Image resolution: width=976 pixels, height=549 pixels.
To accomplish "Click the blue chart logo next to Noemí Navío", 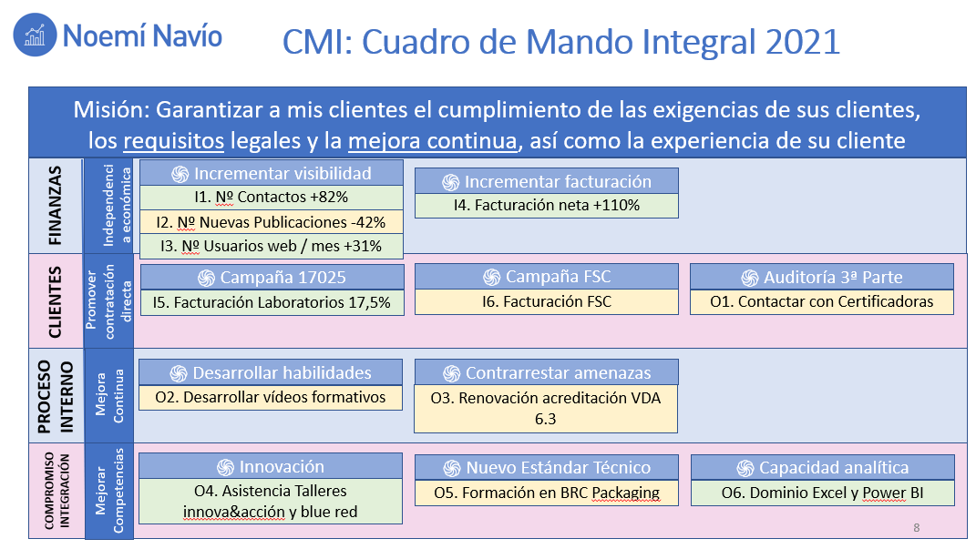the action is click(35, 35).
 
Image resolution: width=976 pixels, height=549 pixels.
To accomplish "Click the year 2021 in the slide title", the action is click(803, 42).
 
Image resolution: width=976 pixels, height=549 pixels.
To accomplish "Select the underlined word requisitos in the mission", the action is click(174, 141).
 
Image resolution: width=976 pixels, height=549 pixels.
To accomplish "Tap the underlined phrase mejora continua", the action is click(433, 141).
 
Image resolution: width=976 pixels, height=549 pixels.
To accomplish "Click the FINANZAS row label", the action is click(56, 205).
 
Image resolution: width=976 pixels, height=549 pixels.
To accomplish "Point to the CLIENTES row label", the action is click(56, 301).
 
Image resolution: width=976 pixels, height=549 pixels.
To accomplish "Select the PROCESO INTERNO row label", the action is click(56, 396).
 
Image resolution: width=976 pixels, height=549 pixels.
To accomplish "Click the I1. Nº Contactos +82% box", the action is click(272, 197).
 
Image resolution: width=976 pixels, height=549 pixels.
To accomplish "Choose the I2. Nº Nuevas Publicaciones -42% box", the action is click(272, 222).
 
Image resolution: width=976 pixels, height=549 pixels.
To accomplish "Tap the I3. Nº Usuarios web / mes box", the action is click(272, 246).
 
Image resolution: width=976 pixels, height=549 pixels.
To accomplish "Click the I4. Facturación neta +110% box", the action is click(547, 205).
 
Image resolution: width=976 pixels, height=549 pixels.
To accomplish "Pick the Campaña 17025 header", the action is click(272, 278).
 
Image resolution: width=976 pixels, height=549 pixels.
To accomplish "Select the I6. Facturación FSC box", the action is click(547, 301).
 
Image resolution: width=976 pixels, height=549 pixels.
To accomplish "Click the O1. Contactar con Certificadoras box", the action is click(822, 301).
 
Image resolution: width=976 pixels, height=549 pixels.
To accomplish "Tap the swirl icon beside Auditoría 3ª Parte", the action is click(749, 278).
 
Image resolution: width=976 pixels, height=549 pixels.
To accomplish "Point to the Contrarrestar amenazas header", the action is click(546, 372).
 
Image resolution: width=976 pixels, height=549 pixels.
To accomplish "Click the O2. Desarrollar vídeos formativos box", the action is click(270, 397).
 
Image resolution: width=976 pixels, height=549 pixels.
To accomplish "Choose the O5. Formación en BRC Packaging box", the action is click(547, 493).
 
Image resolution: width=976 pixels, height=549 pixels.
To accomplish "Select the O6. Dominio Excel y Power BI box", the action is click(822, 493).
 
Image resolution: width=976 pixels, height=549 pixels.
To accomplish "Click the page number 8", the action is click(916, 528).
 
